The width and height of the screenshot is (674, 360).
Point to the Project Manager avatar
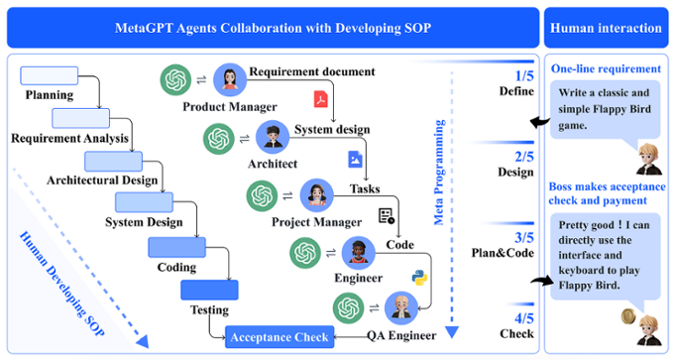317,195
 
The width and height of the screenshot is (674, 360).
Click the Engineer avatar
356,253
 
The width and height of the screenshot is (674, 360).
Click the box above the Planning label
42,75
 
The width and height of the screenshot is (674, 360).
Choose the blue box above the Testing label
209,290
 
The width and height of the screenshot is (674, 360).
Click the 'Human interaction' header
605,28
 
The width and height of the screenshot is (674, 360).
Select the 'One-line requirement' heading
606,68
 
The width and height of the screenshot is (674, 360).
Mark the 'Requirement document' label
311,71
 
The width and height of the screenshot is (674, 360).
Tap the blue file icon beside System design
355,158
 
